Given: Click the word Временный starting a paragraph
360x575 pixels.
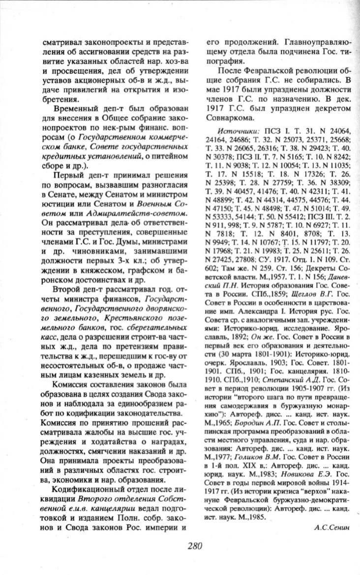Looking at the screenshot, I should point(74,107).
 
